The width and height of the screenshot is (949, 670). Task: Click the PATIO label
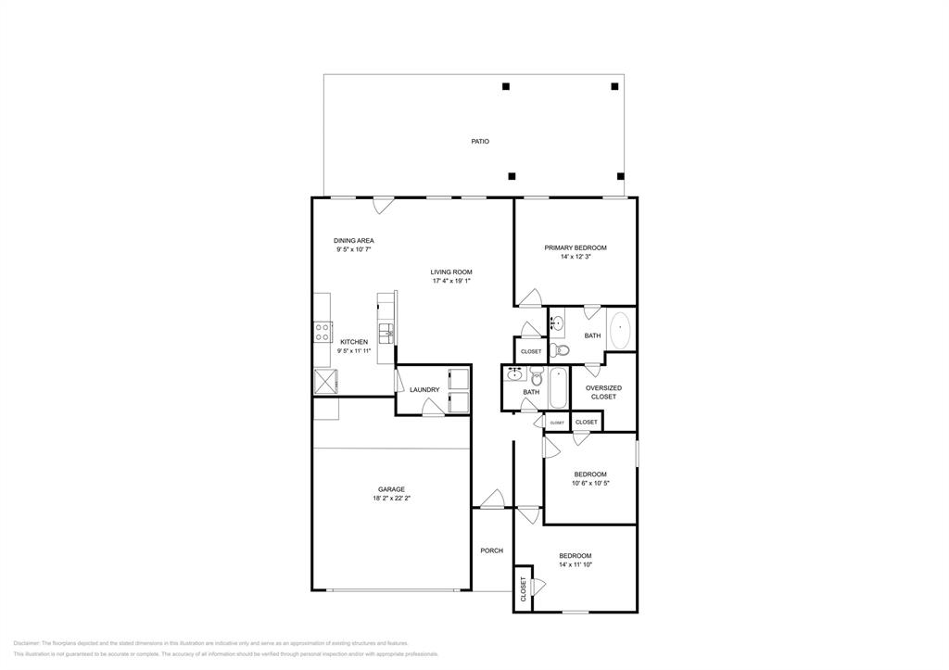479,142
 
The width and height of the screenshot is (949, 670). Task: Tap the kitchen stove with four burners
323,332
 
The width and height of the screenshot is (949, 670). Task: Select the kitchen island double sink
386,331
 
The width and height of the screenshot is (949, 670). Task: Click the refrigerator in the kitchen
325,381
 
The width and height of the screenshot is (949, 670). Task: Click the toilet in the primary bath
559,350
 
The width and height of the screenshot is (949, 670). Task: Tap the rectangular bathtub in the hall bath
558,388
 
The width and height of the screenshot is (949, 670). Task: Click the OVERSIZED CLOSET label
603,392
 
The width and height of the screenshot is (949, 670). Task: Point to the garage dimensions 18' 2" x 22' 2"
390,499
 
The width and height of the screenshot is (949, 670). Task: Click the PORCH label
491,550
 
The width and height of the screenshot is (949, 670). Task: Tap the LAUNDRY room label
424,390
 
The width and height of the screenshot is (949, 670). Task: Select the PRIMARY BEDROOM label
575,247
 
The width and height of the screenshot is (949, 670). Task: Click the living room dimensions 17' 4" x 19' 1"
451,281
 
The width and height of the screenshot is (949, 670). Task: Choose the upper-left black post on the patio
506,87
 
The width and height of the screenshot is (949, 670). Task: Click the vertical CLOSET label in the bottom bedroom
524,588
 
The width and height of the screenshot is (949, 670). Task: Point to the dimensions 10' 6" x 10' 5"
590,483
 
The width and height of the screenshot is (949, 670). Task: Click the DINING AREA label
354,240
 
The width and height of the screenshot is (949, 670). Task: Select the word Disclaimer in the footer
26,643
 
